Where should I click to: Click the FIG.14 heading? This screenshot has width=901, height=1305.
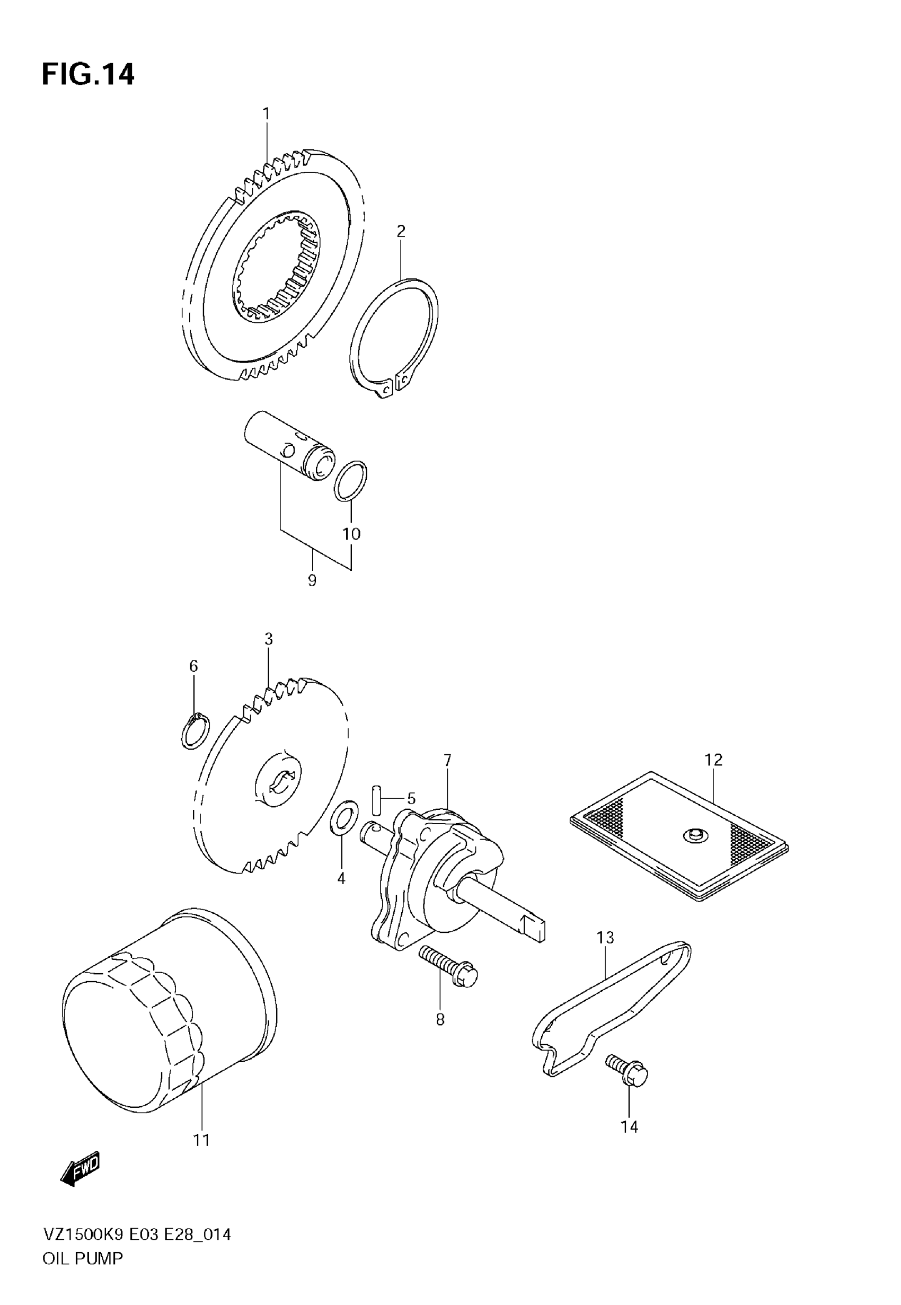coord(88,75)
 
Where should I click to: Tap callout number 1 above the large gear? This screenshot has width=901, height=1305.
coord(266,114)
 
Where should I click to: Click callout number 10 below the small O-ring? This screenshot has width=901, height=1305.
coord(351,534)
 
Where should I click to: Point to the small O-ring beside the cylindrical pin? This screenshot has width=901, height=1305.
coord(350,480)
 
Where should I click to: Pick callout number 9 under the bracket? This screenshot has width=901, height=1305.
coord(312,580)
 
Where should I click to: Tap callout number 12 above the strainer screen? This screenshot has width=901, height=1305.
coord(713,760)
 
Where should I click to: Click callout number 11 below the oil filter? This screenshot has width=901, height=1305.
coord(201,1141)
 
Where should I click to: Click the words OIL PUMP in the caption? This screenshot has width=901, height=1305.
coord(83,1258)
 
